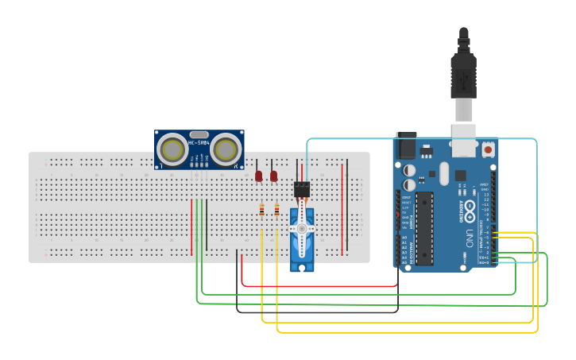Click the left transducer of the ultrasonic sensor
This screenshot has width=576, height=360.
(172, 149)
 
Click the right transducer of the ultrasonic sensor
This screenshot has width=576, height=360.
(226, 149)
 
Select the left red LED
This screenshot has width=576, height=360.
(259, 176)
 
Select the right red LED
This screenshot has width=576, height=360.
(274, 176)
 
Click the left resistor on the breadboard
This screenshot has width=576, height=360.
(262, 210)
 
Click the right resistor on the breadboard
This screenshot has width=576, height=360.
(276, 210)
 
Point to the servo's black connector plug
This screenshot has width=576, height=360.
(301, 189)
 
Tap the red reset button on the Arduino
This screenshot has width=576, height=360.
(487, 149)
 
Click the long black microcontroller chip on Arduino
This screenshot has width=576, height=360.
(423, 226)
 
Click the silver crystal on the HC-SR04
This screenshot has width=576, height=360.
(199, 134)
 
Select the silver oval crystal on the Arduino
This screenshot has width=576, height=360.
(443, 172)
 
